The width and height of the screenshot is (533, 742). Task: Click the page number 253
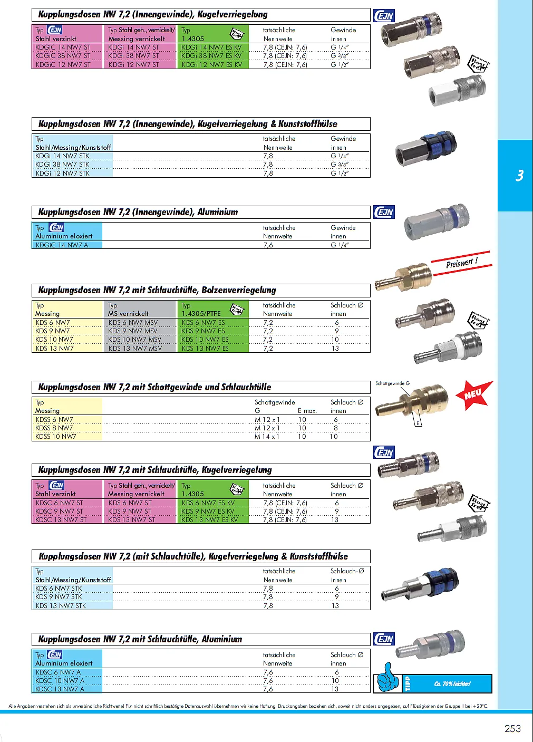[x=512, y=728]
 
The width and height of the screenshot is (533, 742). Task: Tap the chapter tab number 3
[x=519, y=176]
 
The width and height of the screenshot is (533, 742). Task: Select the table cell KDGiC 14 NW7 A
[x=62, y=245]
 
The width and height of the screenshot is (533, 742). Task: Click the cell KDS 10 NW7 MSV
[x=134, y=340]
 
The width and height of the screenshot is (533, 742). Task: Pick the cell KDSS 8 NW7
[x=54, y=428]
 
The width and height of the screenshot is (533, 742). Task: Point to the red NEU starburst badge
[x=474, y=394]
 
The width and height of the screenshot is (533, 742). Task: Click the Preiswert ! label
[x=461, y=263]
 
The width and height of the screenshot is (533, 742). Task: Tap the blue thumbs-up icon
[x=388, y=678]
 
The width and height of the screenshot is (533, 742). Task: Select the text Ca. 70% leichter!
[x=452, y=684]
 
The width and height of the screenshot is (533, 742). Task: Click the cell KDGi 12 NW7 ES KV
[x=211, y=65]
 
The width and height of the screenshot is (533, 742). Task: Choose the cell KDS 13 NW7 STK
[x=60, y=606]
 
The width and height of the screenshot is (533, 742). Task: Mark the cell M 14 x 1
[x=267, y=437]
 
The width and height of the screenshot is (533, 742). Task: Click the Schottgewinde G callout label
[x=392, y=383]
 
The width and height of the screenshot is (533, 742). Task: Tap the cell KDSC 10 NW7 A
[x=60, y=681]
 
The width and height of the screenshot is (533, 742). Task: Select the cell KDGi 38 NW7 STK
[x=62, y=165]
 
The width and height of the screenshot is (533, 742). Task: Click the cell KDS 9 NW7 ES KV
[x=208, y=512]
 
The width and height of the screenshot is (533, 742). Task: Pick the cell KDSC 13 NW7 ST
[x=61, y=520]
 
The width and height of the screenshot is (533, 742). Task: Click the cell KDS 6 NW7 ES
[x=203, y=323]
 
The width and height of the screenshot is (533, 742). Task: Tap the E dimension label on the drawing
[x=418, y=423]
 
